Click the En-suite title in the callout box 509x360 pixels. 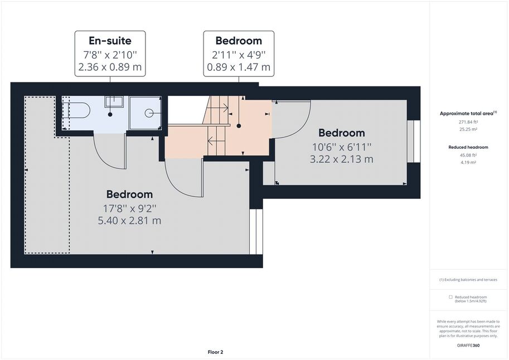110,41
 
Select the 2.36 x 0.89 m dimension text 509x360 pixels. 110,67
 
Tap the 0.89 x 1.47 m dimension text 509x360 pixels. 239,67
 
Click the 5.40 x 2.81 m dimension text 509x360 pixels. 129,221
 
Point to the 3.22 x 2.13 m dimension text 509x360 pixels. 342,159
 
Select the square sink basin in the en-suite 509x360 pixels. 114,101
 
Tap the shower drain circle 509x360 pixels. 149,113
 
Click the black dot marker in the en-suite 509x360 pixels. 110,115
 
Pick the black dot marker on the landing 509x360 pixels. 239,126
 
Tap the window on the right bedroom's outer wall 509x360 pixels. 414,142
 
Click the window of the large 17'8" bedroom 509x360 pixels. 256,232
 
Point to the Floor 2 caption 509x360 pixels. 215,352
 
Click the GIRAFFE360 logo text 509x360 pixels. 468,346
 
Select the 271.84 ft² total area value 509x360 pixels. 468,122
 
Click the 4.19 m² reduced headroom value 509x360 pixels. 468,162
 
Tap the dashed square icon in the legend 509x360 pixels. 450,297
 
